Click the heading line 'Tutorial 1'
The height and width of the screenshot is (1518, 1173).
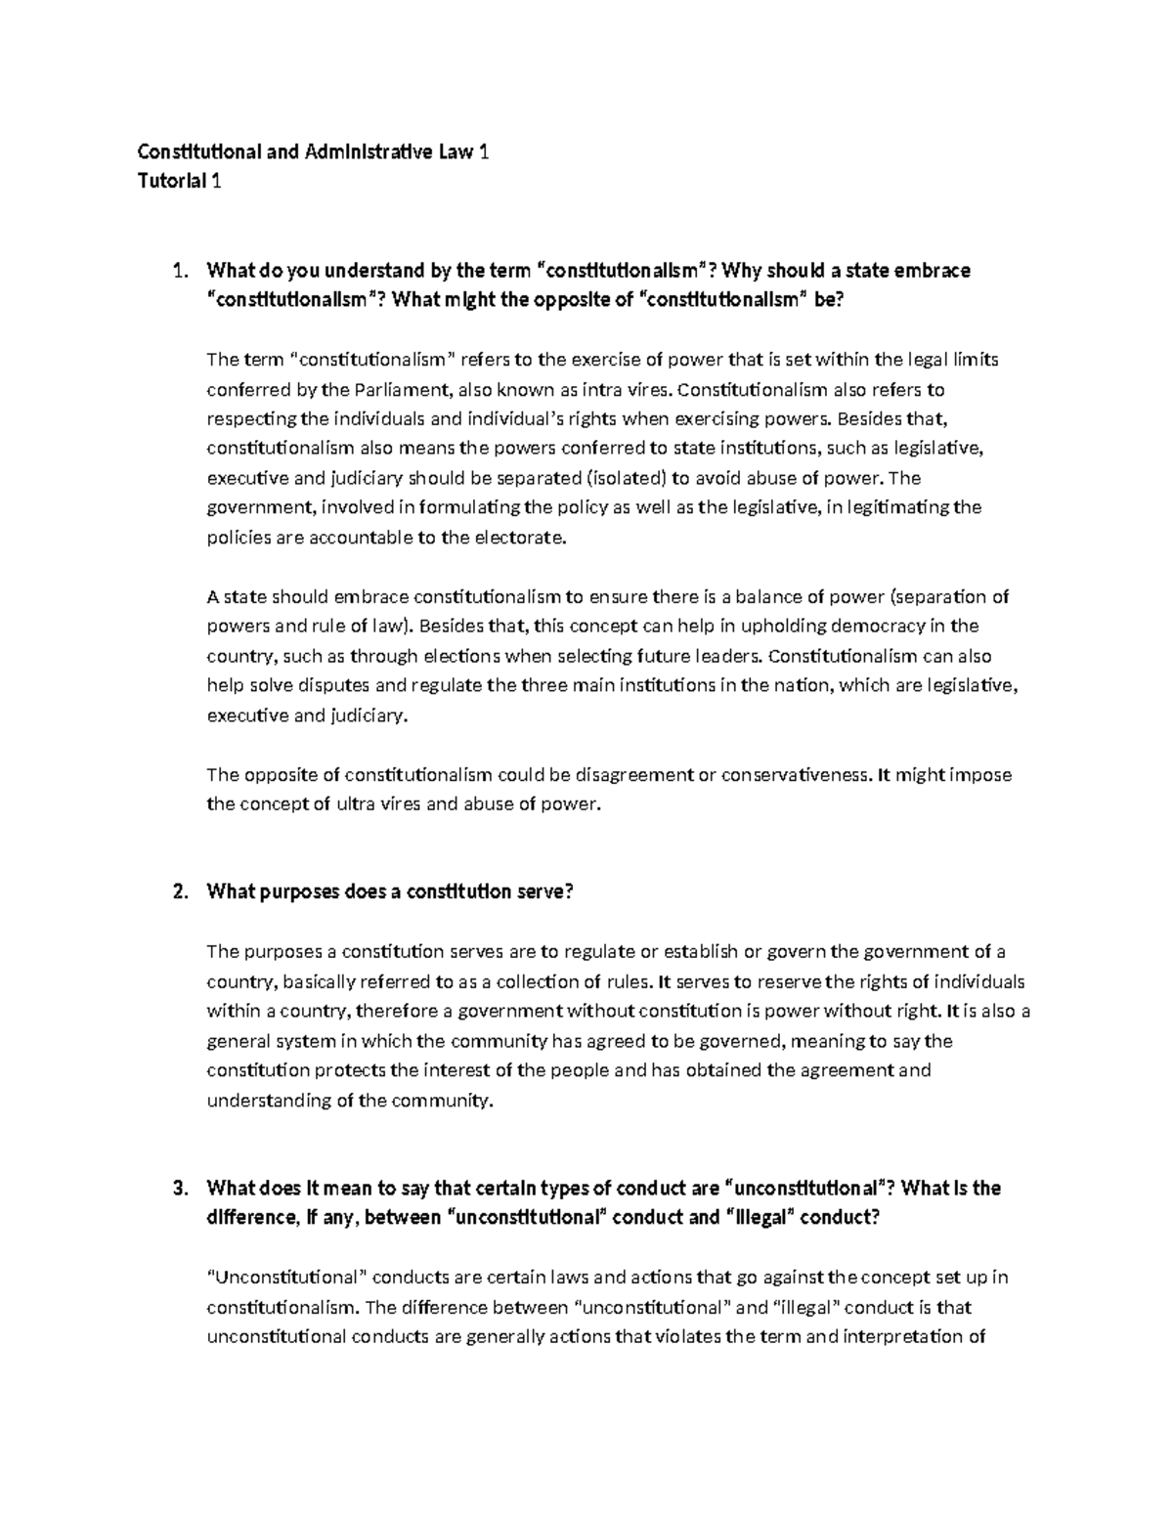pos(179,181)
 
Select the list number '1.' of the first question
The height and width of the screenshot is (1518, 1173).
pos(178,270)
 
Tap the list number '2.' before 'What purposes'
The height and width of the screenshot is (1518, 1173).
pos(178,891)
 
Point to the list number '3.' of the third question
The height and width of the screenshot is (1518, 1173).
pos(178,1189)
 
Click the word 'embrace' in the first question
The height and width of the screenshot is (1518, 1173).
pos(934,270)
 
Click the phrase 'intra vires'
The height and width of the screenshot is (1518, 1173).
pos(630,389)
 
